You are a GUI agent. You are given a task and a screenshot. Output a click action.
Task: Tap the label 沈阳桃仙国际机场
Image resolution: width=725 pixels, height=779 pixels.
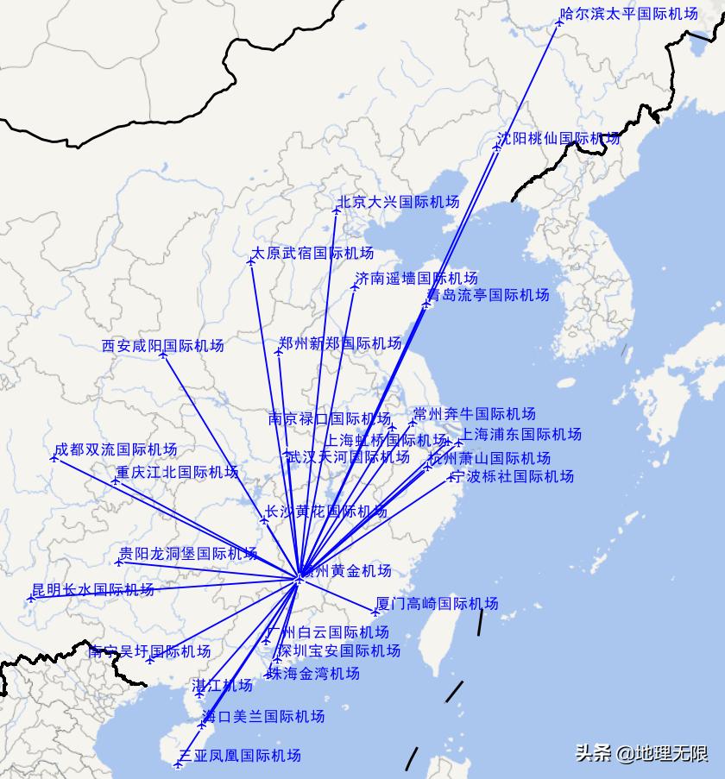(558, 138)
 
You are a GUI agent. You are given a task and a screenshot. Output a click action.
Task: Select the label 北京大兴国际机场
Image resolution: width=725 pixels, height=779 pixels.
(398, 202)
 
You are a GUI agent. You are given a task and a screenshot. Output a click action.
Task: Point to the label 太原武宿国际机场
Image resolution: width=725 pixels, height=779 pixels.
(312, 254)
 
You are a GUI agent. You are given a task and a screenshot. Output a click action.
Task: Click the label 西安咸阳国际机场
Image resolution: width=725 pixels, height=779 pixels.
(162, 346)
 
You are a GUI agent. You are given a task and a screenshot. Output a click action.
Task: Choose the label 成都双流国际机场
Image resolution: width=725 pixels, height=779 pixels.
(116, 449)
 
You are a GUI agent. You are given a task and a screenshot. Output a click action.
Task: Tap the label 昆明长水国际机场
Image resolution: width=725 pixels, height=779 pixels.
(93, 590)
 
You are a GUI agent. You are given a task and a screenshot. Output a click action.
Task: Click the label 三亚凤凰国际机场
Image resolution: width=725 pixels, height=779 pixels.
(240, 756)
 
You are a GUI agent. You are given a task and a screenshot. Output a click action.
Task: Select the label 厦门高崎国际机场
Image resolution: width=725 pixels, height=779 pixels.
(437, 604)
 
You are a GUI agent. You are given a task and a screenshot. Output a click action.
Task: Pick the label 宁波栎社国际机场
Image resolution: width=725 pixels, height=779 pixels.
(513, 476)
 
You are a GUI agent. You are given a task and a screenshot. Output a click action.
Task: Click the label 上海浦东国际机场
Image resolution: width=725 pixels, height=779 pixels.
(521, 434)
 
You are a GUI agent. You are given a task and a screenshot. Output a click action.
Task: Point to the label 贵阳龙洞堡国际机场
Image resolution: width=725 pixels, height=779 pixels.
(188, 553)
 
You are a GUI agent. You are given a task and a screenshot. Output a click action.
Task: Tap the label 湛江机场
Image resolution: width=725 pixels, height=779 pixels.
(223, 686)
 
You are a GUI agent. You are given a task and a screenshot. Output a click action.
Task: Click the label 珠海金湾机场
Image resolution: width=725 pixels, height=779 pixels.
(313, 673)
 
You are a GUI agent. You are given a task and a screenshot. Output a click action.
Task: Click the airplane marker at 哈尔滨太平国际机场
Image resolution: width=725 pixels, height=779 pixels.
(559, 22)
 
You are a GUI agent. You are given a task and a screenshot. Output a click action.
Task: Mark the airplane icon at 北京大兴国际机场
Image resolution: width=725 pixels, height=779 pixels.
(337, 210)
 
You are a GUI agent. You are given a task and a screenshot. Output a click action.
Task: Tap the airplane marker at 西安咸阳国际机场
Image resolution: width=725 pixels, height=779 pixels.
(162, 355)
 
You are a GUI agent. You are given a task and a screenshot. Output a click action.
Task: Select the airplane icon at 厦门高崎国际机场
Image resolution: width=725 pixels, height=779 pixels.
(375, 613)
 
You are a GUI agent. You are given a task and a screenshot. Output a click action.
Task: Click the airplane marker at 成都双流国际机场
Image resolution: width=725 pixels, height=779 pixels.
(54, 458)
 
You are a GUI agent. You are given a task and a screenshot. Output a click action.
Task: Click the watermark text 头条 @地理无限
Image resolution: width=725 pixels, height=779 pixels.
(641, 753)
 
